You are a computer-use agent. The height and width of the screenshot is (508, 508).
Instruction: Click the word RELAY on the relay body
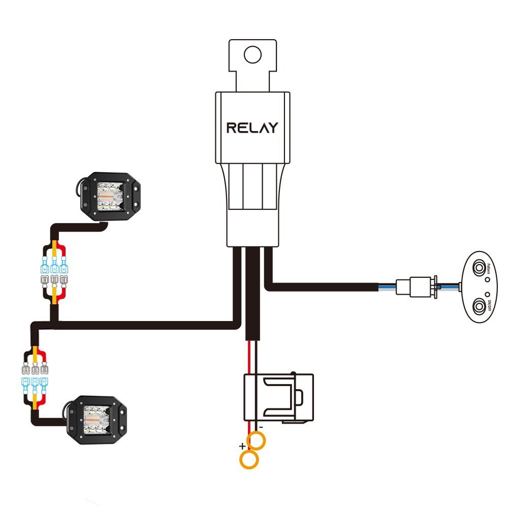(x=252, y=128)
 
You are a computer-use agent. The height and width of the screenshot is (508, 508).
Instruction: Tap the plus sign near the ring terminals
(x=242, y=447)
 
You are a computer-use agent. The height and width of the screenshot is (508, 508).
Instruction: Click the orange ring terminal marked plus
(x=248, y=460)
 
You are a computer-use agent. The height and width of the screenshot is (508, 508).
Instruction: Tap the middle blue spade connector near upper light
(x=53, y=265)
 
